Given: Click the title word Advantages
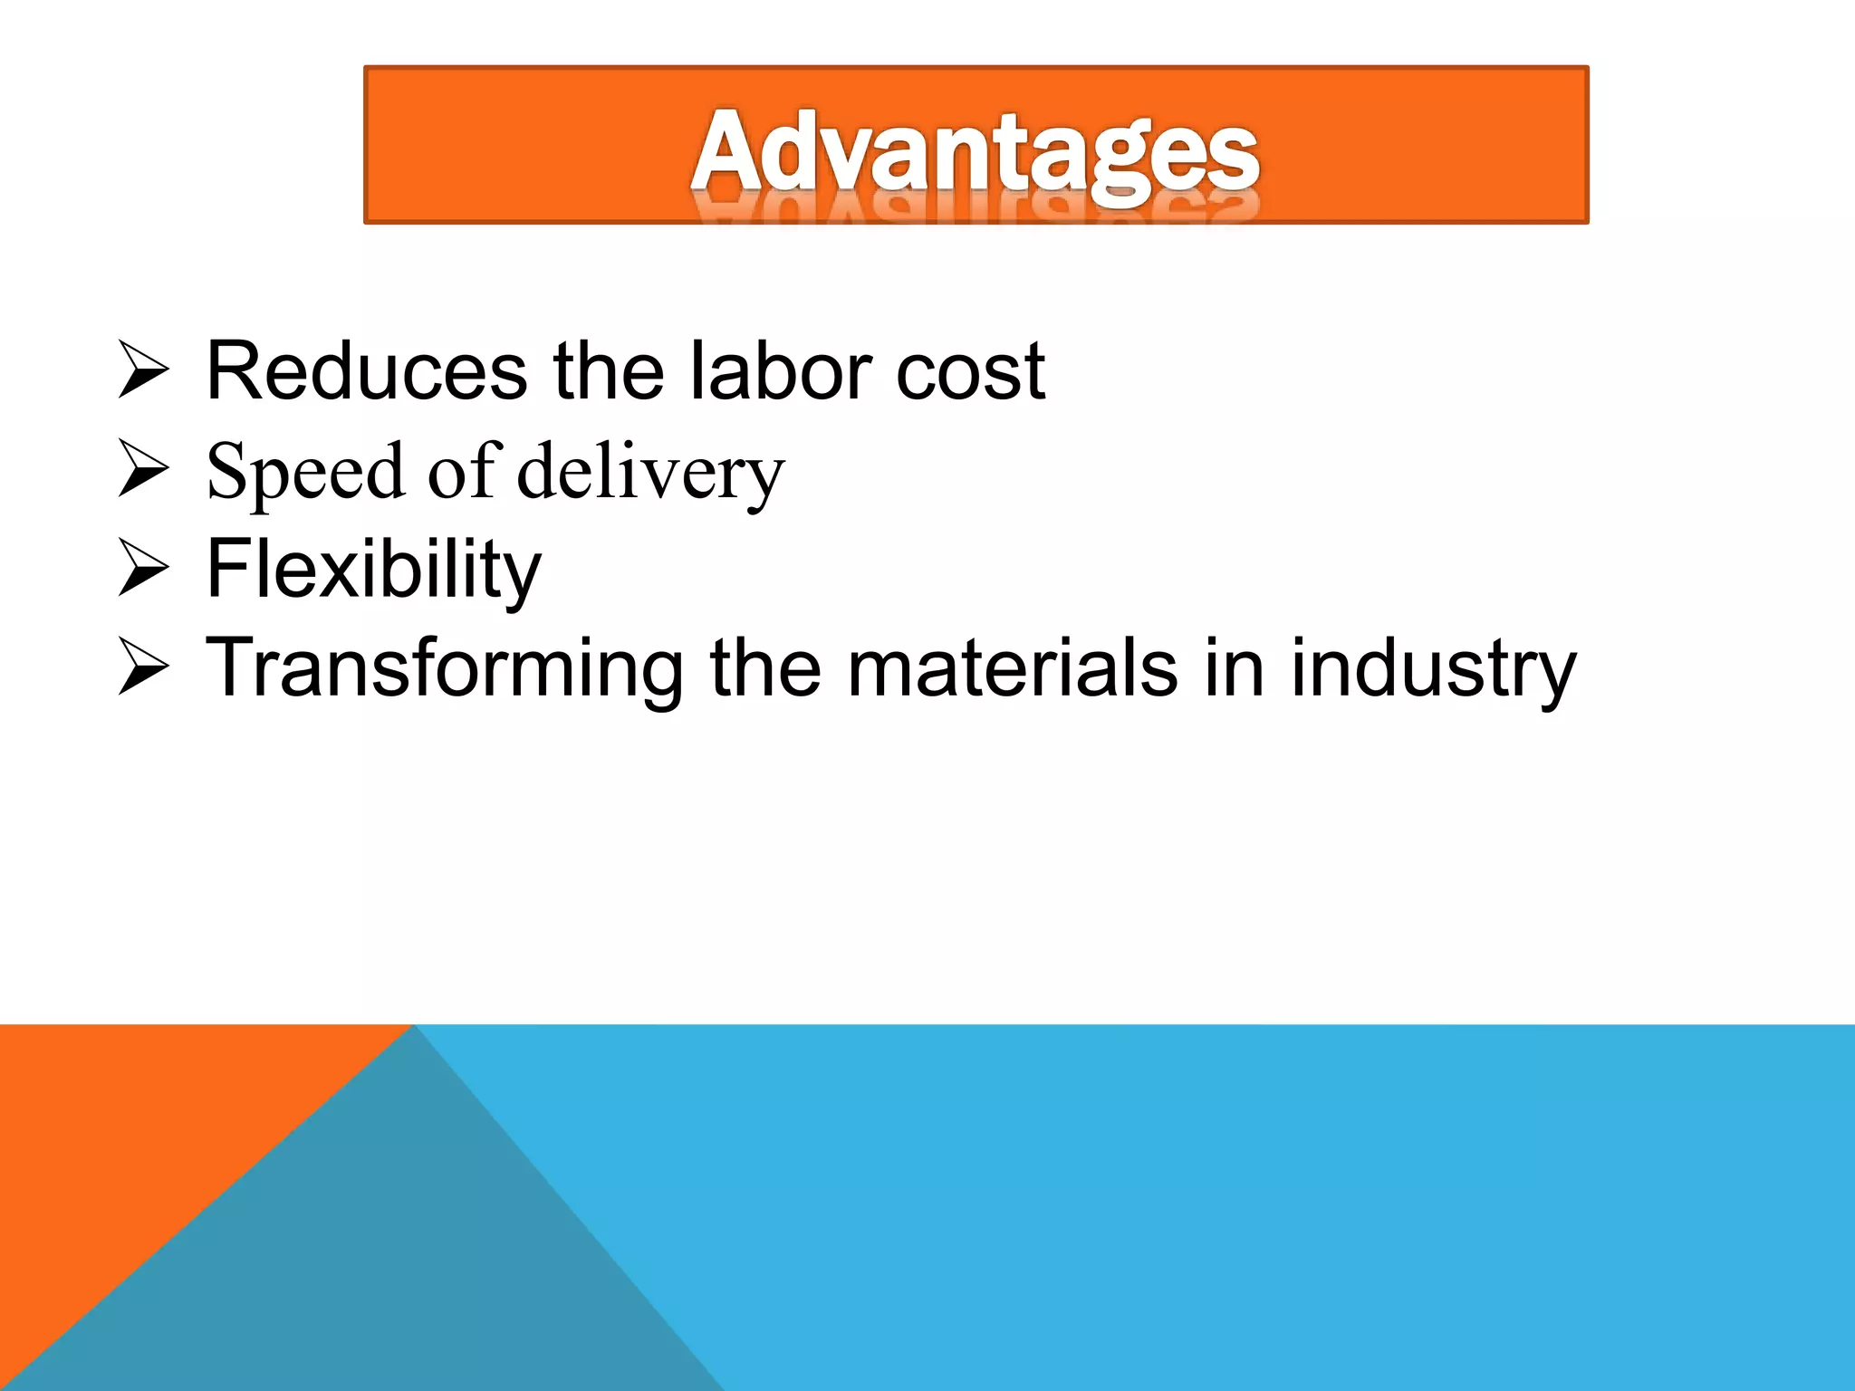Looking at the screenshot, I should pos(975,152).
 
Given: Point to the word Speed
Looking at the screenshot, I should pos(304,472).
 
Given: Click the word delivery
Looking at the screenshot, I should pos(650,472).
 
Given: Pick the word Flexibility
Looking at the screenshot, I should pos(373,570).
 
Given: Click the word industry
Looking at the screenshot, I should pos(1433,670).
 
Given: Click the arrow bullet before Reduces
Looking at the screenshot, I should pos(143,370).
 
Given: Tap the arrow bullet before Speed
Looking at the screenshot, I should pos(143,469).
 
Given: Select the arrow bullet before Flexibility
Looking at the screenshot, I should pos(143,569).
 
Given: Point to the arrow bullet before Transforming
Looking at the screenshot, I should pos(143,667).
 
